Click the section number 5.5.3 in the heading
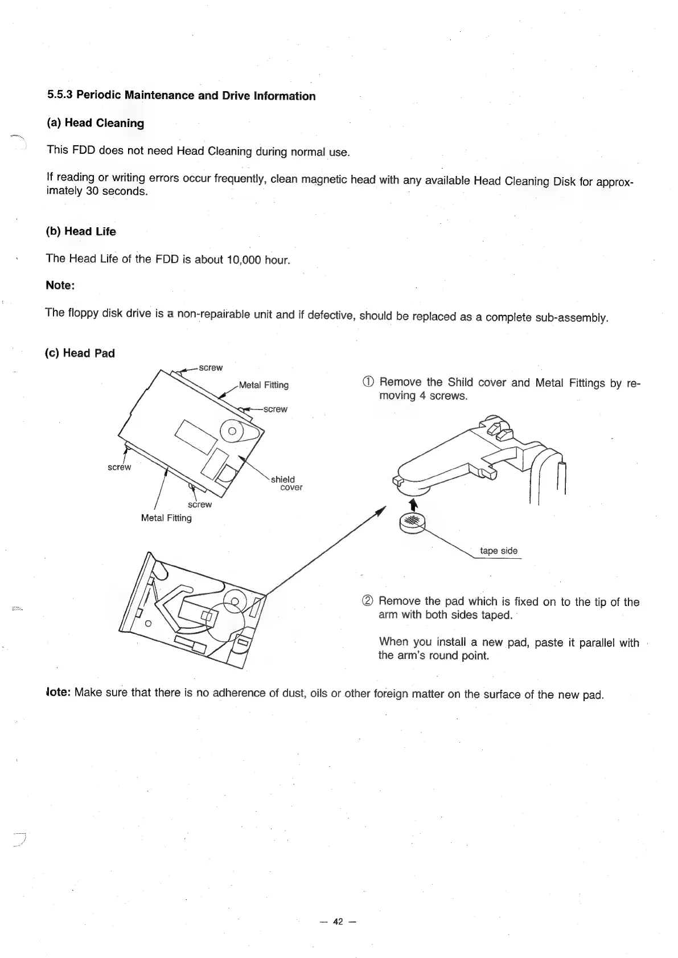click(60, 95)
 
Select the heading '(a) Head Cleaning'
click(95, 123)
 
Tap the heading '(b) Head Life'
click(81, 231)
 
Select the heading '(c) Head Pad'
click(80, 353)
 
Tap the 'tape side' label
click(499, 551)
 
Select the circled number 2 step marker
click(368, 601)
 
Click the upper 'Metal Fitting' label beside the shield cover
click(264, 385)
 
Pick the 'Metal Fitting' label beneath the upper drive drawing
click(166, 518)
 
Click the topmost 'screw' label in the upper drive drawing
click(211, 368)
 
